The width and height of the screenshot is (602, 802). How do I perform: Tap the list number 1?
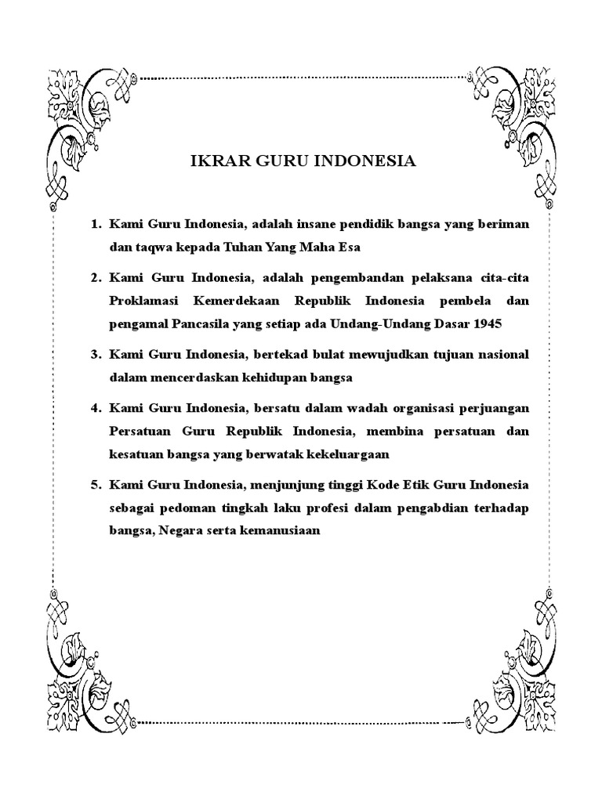(96, 225)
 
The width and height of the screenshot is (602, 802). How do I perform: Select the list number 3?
(96, 355)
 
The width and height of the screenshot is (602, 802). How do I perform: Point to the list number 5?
(96, 485)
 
